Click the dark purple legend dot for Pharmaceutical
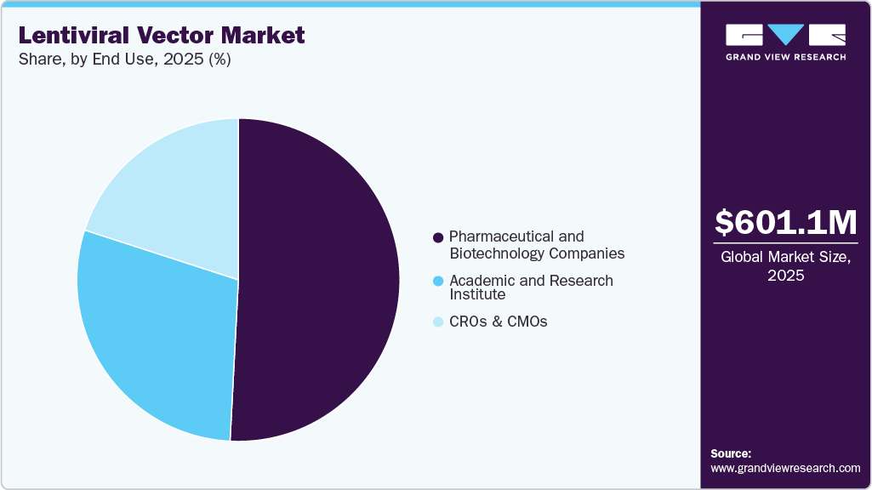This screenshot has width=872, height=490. [438, 237]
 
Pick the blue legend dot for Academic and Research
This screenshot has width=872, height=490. [438, 281]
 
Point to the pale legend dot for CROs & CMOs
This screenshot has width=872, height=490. [438, 322]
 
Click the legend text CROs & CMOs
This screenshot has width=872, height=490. [499, 322]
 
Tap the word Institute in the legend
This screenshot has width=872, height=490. [477, 294]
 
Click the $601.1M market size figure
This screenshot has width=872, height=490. [786, 223]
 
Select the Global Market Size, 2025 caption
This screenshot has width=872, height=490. [786, 266]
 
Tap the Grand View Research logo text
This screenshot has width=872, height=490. [786, 57]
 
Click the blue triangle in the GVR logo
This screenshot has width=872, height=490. [785, 34]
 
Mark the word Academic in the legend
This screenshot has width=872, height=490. [482, 281]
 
